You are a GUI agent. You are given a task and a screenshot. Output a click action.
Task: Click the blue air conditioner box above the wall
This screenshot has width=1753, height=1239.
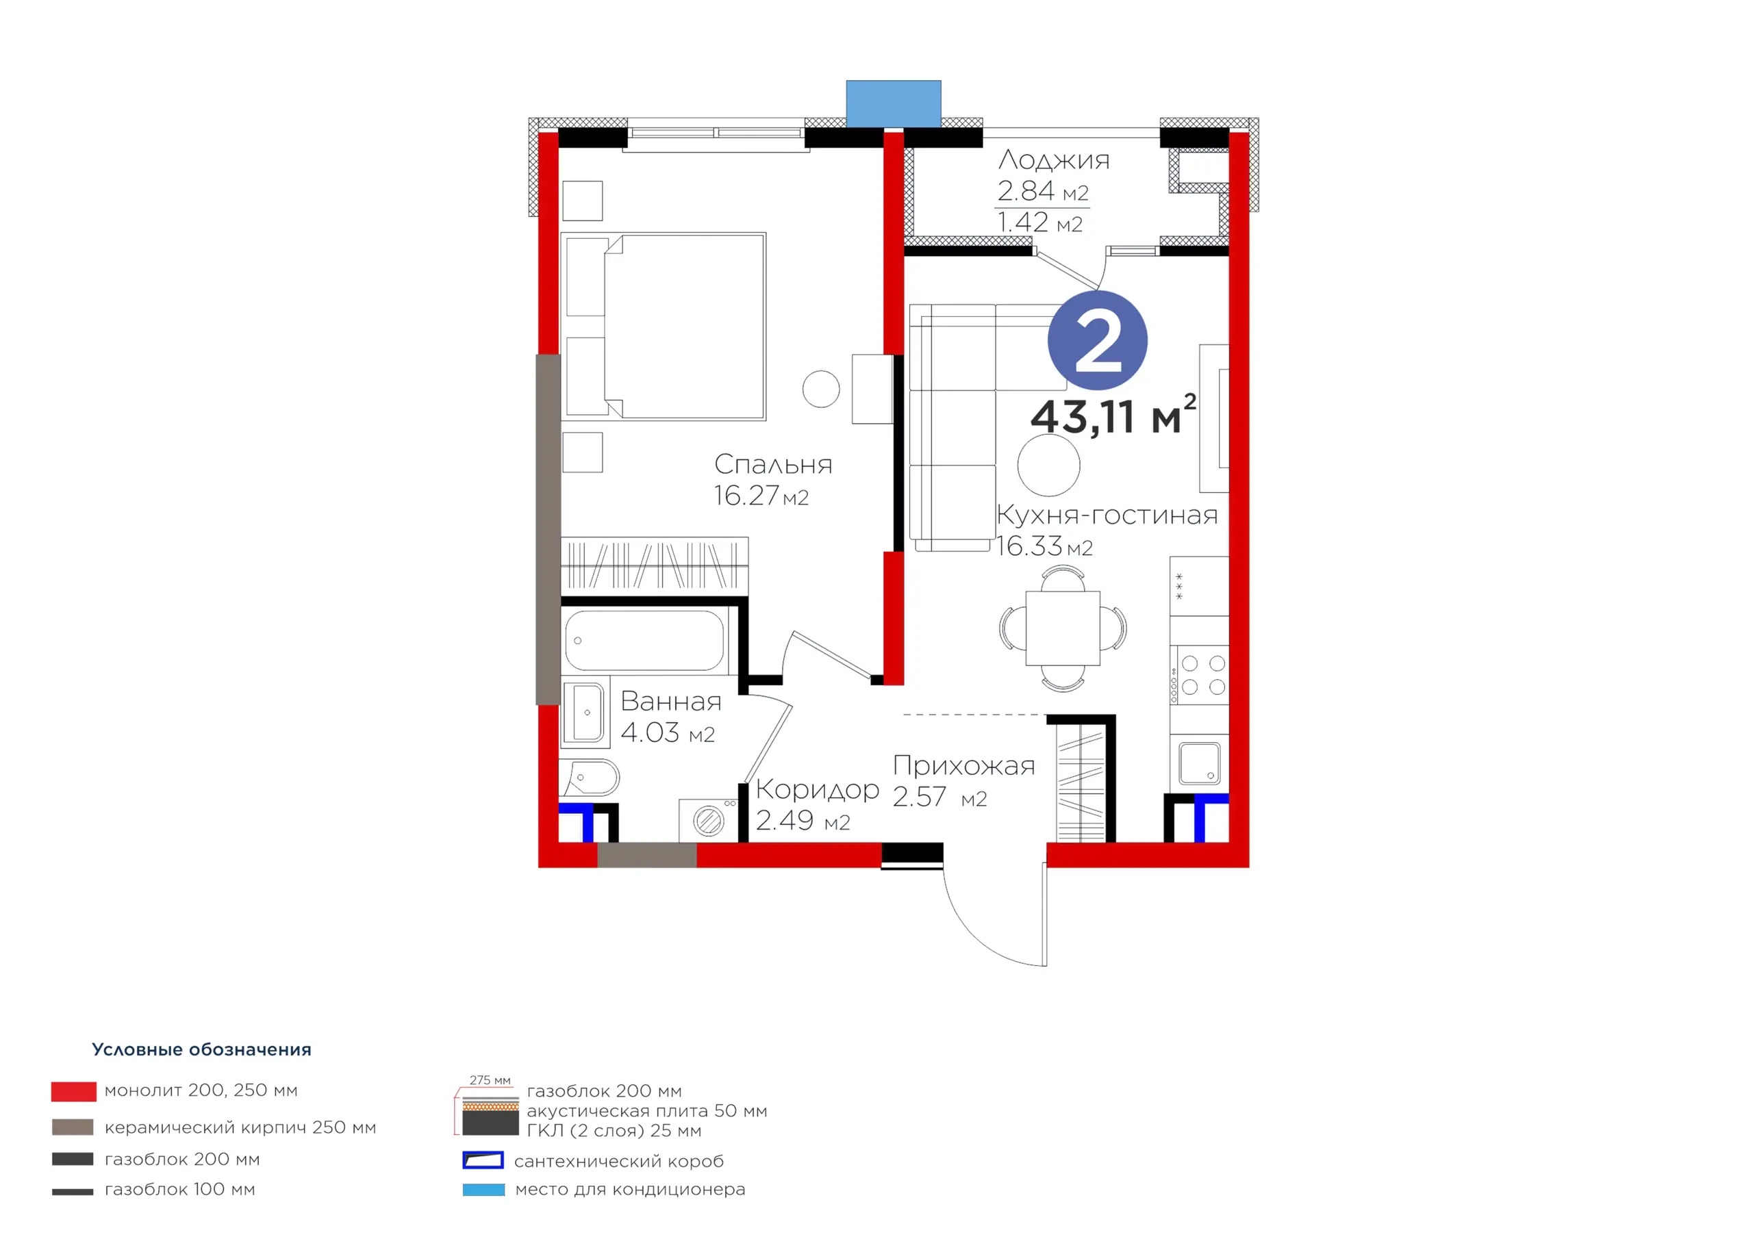click(894, 104)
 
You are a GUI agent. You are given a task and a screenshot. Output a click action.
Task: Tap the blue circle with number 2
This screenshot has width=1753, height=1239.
click(1097, 340)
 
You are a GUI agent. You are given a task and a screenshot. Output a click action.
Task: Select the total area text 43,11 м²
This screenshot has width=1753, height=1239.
click(1113, 416)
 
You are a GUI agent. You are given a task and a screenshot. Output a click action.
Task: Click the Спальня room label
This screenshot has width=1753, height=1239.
click(772, 464)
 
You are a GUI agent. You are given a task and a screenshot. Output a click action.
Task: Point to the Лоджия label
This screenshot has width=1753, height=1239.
click(1054, 160)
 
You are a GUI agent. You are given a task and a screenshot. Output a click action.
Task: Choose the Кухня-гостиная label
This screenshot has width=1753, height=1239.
click(1107, 515)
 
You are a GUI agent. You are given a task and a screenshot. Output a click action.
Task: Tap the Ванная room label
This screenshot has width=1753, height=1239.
click(671, 701)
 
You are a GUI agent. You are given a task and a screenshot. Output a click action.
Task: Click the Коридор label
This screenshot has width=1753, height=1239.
click(818, 790)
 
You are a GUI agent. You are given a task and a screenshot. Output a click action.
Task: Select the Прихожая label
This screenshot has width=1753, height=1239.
click(964, 766)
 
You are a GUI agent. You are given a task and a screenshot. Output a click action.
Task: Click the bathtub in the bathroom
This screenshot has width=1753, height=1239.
click(644, 641)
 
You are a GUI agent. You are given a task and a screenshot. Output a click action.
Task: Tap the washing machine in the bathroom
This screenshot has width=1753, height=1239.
click(709, 821)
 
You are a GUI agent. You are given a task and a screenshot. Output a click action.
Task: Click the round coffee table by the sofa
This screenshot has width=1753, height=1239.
click(1048, 465)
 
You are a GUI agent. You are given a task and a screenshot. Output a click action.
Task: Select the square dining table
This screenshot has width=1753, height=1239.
click(1063, 628)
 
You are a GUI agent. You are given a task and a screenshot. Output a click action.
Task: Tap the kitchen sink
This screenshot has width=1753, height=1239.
click(1200, 763)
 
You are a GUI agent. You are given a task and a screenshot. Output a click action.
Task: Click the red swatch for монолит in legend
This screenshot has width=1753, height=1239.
click(74, 1092)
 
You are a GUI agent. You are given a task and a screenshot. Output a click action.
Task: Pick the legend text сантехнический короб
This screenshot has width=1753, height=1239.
click(618, 1161)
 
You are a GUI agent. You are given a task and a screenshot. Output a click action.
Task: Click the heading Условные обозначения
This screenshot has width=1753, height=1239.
click(201, 1049)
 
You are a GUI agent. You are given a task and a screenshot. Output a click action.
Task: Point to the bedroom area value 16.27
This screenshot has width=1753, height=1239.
click(746, 496)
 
